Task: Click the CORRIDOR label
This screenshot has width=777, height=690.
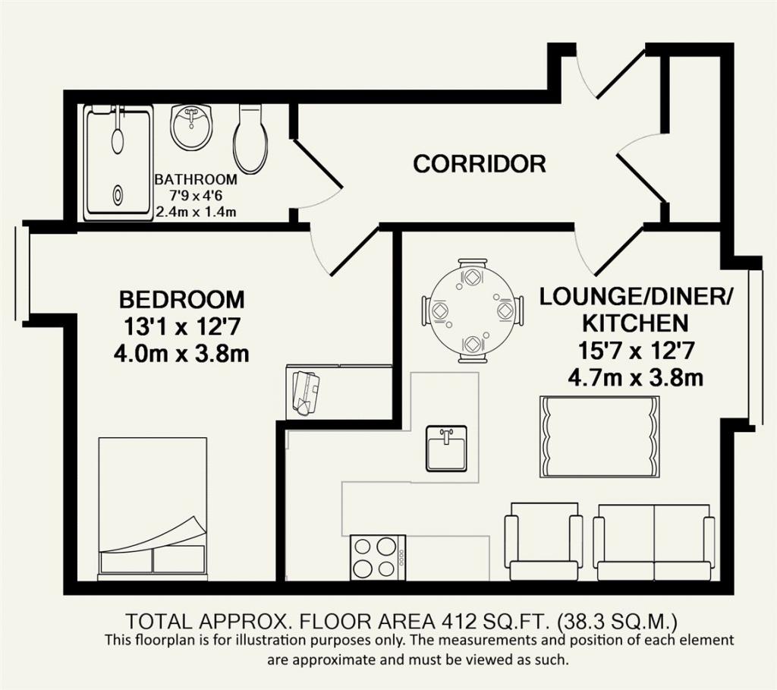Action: click(x=480, y=163)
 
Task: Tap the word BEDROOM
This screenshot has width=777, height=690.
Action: click(x=182, y=300)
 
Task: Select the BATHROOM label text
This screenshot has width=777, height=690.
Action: click(x=196, y=179)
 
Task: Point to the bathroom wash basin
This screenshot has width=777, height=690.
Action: click(x=192, y=127)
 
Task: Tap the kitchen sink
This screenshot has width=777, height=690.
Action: click(x=446, y=448)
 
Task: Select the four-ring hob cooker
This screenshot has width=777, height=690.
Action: click(x=378, y=558)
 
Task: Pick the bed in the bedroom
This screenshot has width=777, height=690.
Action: click(x=153, y=509)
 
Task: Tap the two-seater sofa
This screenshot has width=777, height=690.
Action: click(x=654, y=542)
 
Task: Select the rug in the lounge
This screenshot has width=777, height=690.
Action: click(x=599, y=437)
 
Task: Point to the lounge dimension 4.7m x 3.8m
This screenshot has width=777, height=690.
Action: click(x=635, y=378)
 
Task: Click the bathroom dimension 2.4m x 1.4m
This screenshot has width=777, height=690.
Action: click(x=196, y=212)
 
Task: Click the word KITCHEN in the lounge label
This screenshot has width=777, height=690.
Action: click(x=635, y=323)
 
